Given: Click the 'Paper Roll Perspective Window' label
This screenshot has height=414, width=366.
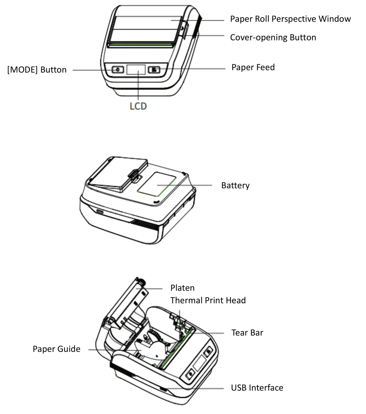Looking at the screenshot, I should pos(290,19).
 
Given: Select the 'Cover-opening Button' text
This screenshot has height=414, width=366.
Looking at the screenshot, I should pos(273,37).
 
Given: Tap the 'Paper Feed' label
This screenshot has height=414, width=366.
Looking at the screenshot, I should pos(253,67).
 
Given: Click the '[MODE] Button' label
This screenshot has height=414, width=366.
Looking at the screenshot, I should pos(37,70).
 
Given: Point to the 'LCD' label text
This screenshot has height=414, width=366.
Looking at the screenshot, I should pos(138,106).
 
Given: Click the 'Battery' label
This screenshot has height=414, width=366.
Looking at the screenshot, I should pos(235,185).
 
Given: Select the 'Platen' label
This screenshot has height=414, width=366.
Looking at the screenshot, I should pos(182,288).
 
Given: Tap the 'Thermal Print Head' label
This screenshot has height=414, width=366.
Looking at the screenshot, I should pos(208,301).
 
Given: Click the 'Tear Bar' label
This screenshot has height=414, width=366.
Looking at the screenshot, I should pos(247,333).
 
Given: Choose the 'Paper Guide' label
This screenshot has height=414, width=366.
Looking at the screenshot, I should pos(56,349).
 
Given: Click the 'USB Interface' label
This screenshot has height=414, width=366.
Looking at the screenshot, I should pos(257,388).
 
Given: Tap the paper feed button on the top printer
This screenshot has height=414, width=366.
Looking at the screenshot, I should pos(154,70).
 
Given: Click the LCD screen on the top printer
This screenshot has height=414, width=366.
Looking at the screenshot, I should pos(136,69).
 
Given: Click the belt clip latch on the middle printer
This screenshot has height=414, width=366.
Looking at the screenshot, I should pos(134,176).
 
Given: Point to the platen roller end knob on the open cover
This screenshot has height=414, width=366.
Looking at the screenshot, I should pos(140,281).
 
